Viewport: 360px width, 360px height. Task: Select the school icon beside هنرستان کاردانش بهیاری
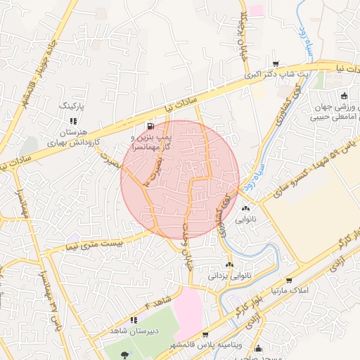[x=75, y=121]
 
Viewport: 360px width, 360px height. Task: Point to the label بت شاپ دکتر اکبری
[x=276, y=73]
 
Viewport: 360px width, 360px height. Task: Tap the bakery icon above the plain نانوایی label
[x=245, y=208]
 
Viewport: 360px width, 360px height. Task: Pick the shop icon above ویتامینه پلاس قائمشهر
[x=205, y=335]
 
